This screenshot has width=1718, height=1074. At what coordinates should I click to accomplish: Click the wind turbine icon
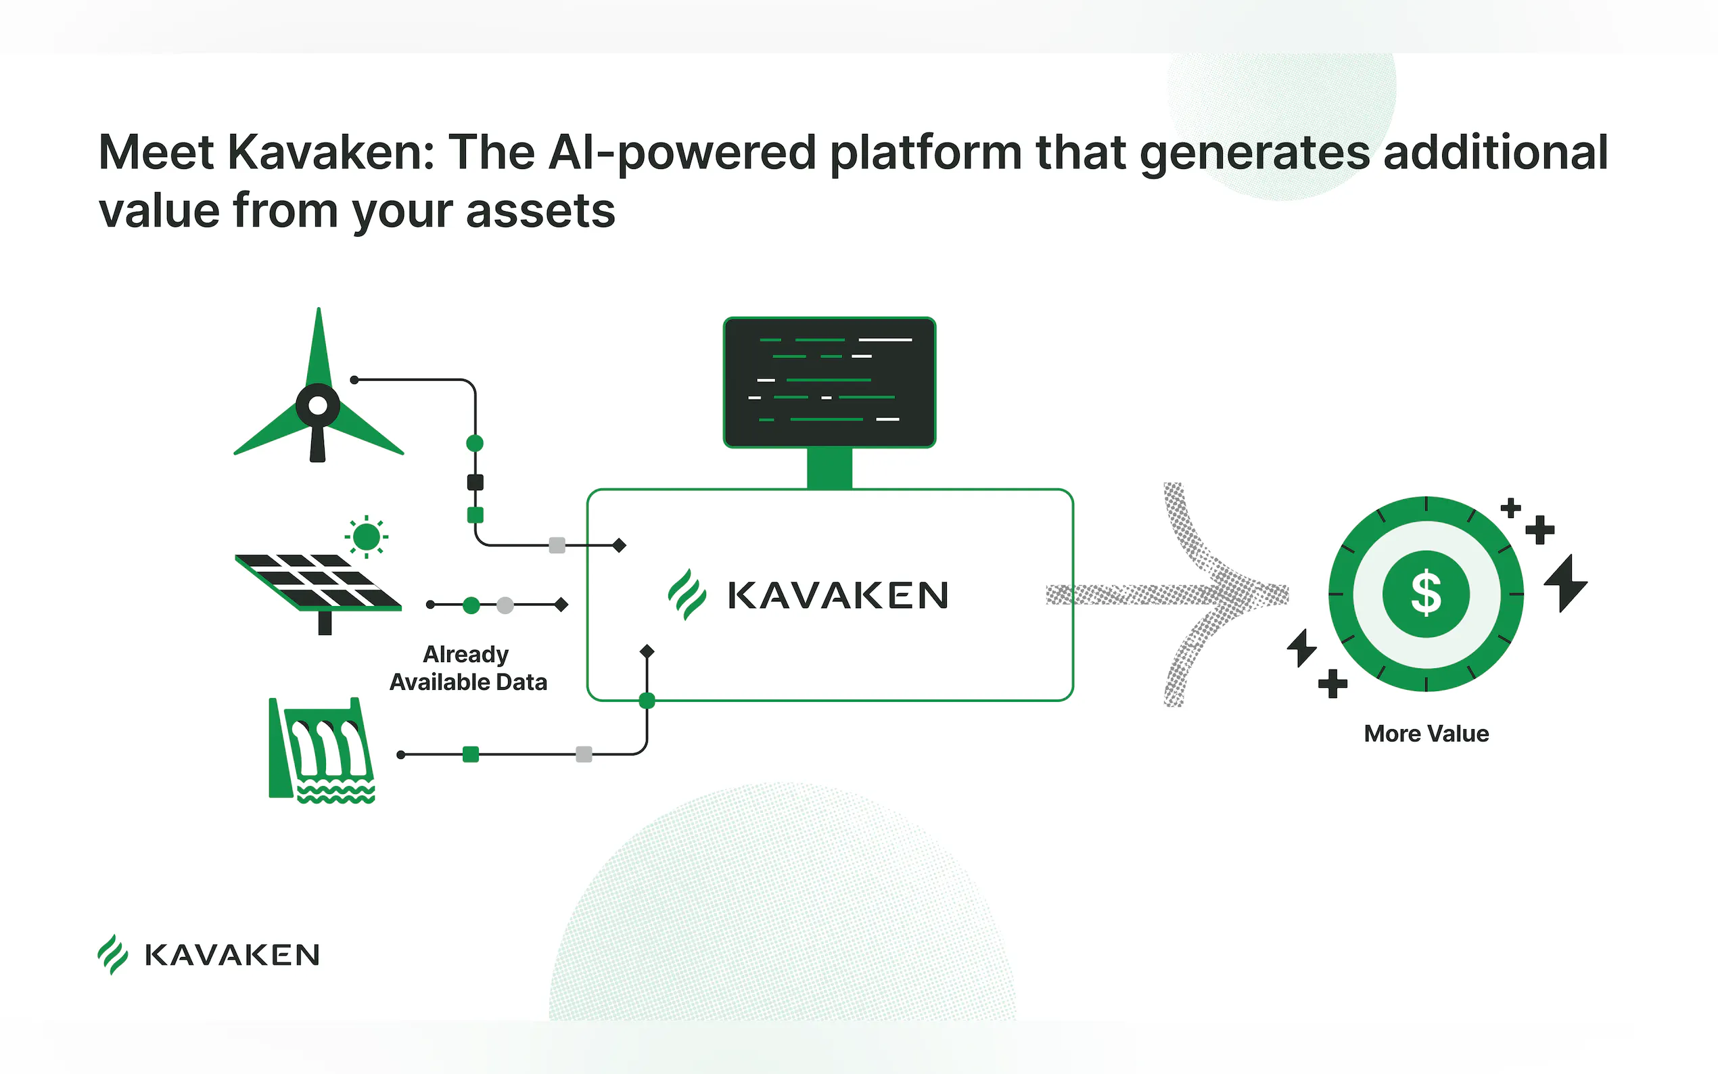318,385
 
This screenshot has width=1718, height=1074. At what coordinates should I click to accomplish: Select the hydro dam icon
322,750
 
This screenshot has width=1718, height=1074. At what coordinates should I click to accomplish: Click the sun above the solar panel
367,536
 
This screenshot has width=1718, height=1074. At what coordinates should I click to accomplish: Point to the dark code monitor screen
829,382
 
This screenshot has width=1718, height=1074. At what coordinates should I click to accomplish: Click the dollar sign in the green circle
1426,593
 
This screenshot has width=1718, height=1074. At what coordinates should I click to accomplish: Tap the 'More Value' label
1426,733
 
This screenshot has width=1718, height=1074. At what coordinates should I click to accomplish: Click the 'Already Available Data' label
468,668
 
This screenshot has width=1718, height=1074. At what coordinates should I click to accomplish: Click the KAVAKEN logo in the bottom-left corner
208,955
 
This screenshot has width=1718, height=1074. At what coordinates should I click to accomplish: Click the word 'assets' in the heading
540,212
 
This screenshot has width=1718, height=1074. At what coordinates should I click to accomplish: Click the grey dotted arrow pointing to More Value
1167,594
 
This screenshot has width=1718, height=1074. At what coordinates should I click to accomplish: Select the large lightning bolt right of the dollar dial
1565,583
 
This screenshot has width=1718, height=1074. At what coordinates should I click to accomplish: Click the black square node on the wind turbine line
475,482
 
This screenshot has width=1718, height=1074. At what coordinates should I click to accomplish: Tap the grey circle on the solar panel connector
505,605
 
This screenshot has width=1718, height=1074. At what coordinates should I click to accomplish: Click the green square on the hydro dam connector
470,754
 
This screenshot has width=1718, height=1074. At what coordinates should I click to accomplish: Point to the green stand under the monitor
829,469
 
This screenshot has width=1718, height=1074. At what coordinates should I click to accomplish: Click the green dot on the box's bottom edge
647,701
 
